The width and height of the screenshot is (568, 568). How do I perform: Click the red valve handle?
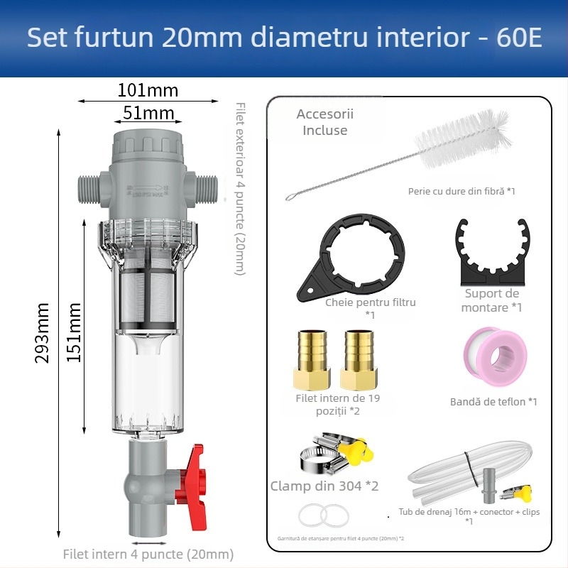tap(193, 483)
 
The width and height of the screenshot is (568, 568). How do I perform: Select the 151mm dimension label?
tap(73, 332)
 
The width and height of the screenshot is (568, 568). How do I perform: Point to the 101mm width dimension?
tap(147, 90)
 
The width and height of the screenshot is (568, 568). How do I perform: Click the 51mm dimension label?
tap(148, 113)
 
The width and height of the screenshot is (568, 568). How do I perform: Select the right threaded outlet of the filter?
tap(207, 188)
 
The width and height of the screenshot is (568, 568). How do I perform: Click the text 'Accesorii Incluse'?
tap(324, 122)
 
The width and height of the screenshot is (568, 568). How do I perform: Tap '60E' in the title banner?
tap(519, 38)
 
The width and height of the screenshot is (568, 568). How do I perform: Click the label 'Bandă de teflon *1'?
tap(493, 402)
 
